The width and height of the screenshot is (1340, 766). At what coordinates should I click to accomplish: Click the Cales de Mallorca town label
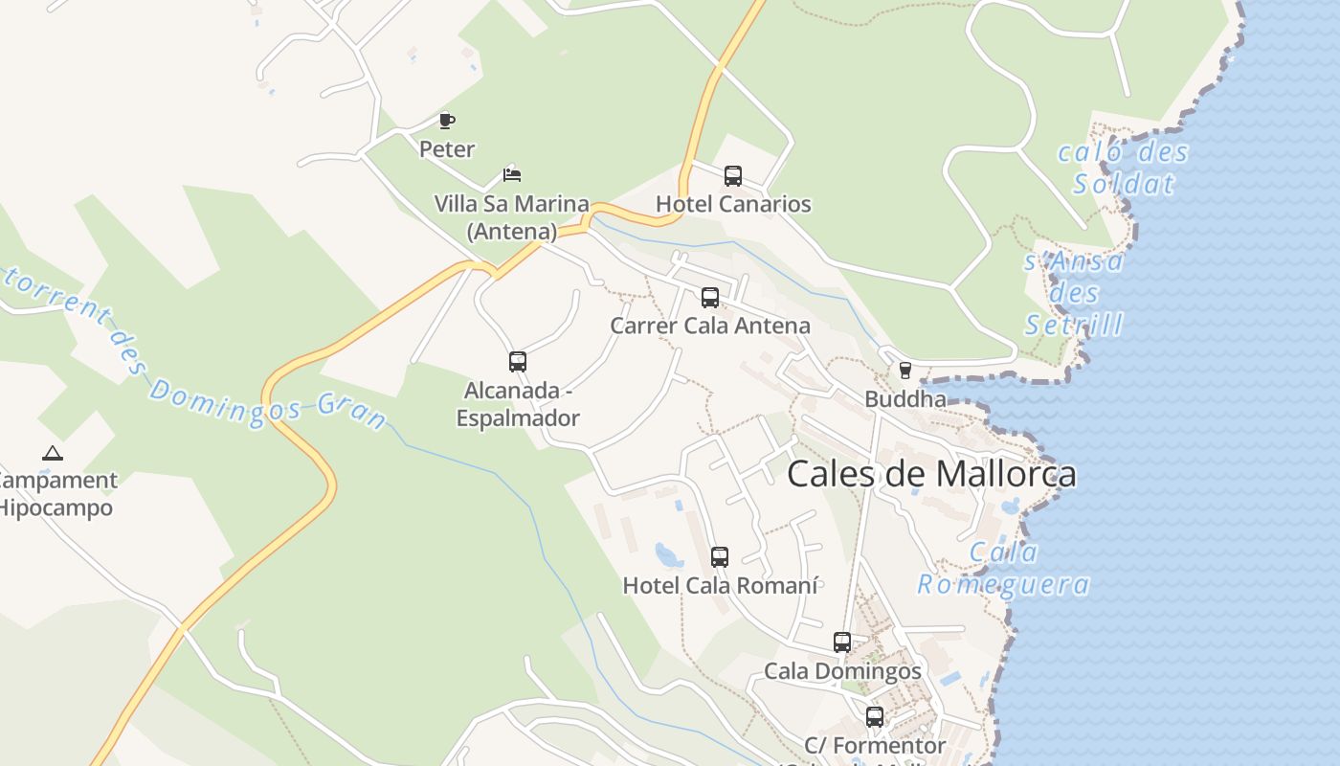(x=931, y=474)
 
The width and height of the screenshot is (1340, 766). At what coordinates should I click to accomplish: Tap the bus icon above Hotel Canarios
(x=733, y=176)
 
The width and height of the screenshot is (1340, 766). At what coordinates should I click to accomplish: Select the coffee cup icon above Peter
(x=446, y=121)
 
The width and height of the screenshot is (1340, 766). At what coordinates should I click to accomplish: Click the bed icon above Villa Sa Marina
(x=512, y=175)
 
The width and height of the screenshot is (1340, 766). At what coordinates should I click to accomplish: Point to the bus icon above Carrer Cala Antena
(x=710, y=298)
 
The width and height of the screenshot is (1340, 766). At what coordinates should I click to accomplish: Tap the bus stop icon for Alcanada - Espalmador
(x=518, y=362)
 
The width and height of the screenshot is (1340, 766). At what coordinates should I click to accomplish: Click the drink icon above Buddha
(x=904, y=371)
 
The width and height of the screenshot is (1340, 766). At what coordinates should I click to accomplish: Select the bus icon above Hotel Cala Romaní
(x=720, y=557)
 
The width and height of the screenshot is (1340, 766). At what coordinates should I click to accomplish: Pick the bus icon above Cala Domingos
(x=842, y=642)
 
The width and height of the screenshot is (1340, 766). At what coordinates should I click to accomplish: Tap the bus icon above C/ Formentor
(x=875, y=717)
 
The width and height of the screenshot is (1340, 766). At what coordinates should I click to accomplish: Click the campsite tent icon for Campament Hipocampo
(x=53, y=453)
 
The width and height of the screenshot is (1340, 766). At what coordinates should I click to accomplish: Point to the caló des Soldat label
(x=1124, y=168)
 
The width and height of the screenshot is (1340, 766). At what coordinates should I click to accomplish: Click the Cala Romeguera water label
(x=1004, y=568)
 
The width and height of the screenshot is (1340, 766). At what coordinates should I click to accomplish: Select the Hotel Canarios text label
(x=733, y=204)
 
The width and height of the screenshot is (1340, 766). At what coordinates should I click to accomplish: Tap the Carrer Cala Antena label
(x=710, y=326)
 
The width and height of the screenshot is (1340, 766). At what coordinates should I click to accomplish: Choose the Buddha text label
(x=905, y=399)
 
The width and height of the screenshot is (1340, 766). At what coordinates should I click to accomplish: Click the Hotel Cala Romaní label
(x=720, y=585)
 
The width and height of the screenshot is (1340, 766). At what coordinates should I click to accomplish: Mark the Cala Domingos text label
(x=842, y=671)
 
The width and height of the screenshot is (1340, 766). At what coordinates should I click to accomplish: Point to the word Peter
(x=447, y=149)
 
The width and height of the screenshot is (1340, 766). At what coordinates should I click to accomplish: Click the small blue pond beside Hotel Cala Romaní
(x=668, y=554)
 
